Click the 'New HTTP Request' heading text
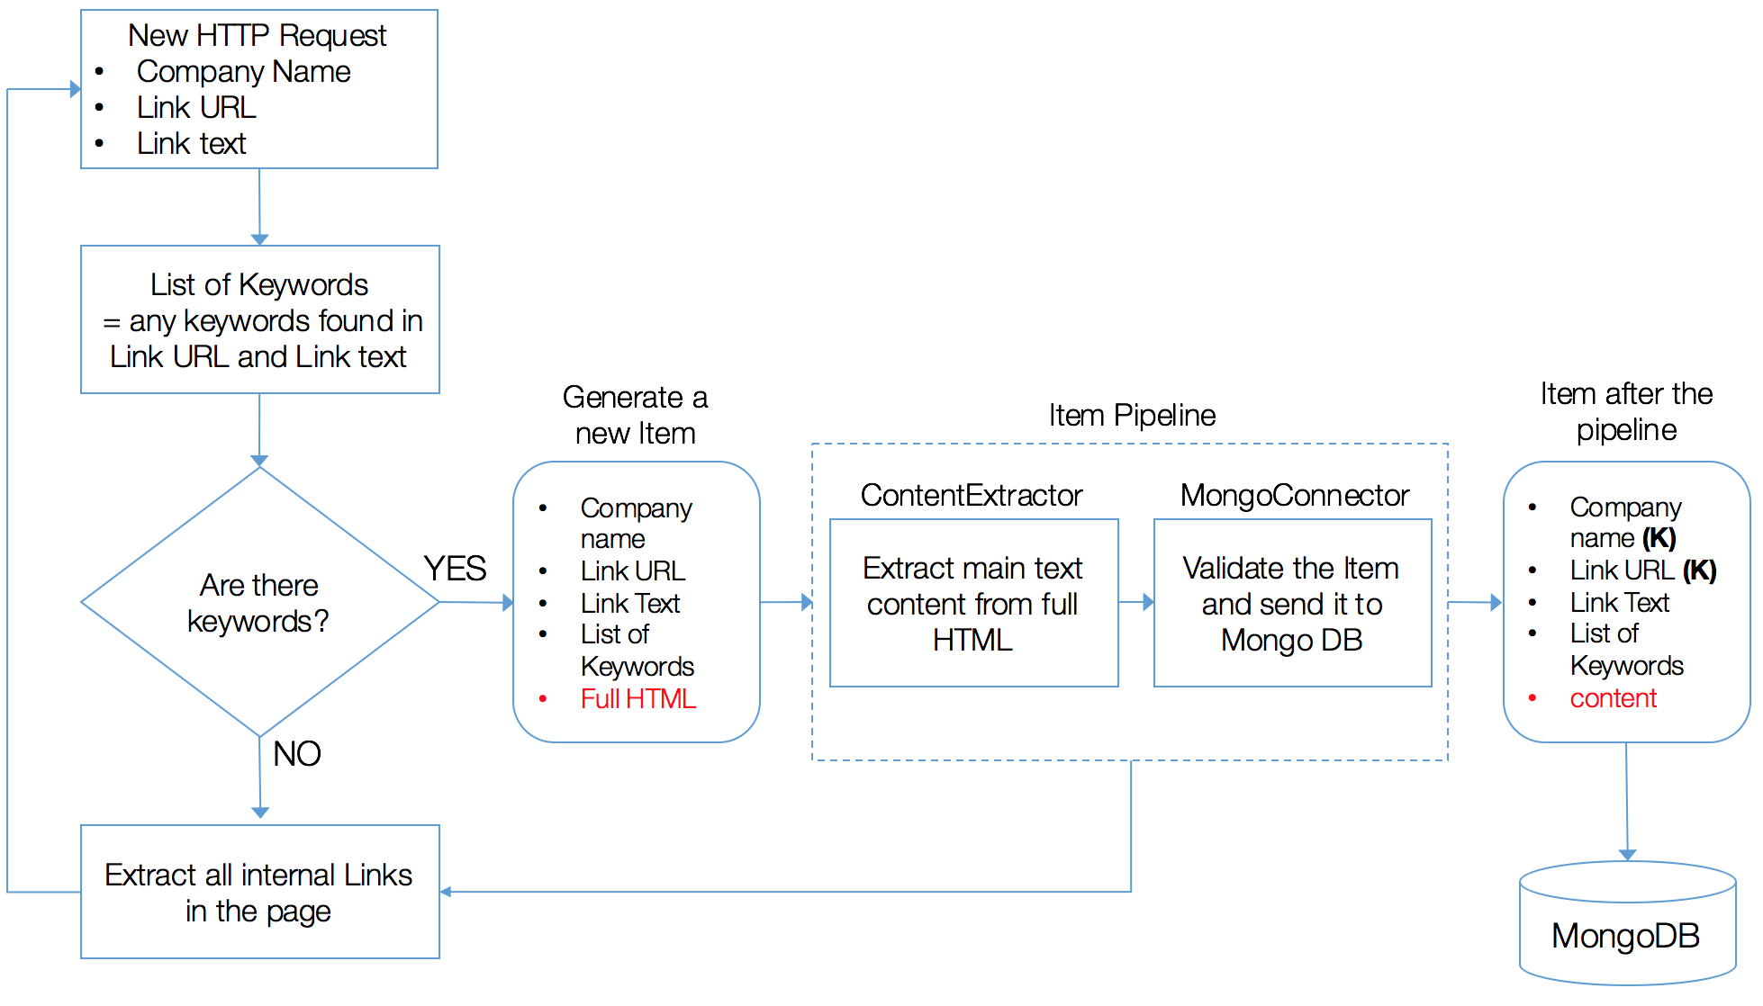point(257,35)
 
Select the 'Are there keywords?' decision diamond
point(259,602)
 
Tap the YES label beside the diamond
point(455,569)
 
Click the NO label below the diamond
point(296,753)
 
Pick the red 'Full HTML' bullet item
point(637,699)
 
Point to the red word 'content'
point(1613,698)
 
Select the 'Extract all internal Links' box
point(259,892)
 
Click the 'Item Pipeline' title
point(1132,415)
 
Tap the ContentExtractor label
point(971,495)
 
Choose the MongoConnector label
point(1294,495)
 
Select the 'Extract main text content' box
point(972,604)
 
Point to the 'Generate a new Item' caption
point(635,415)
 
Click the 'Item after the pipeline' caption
point(1626,411)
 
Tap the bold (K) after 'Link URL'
point(1700,570)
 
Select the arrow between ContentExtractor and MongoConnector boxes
point(1136,602)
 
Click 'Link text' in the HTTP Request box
point(191,143)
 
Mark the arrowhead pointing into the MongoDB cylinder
point(1628,855)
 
